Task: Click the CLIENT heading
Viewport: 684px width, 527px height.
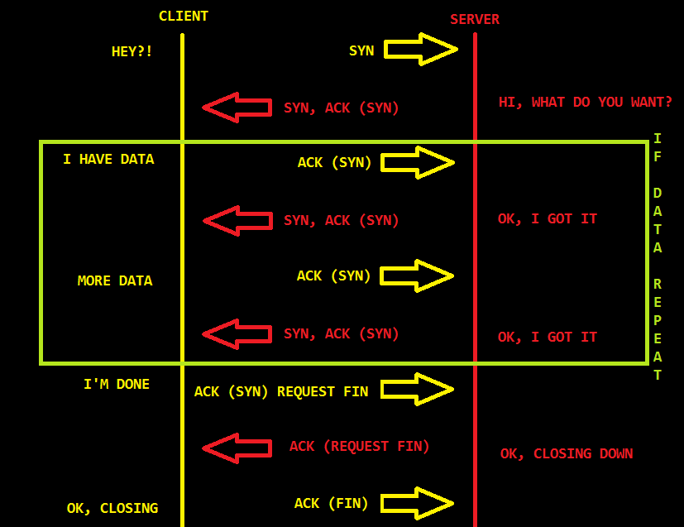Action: (x=183, y=16)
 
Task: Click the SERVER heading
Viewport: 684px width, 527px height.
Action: (x=474, y=19)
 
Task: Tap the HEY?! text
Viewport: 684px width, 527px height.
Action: (x=132, y=51)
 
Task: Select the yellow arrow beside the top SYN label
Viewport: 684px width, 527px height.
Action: (x=420, y=50)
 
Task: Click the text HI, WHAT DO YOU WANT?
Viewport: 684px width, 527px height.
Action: (x=585, y=102)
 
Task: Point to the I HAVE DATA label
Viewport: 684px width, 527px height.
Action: (x=108, y=159)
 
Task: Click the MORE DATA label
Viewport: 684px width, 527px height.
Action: (x=115, y=280)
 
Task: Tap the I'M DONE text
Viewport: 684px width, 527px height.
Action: (x=117, y=384)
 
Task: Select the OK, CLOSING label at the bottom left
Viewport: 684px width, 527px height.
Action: (x=112, y=508)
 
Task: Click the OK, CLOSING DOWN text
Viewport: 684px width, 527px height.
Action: (x=567, y=453)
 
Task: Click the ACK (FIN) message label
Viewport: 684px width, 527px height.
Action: (x=331, y=502)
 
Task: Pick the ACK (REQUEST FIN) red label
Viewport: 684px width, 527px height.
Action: (x=359, y=446)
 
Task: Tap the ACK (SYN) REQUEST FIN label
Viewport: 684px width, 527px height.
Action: (x=280, y=391)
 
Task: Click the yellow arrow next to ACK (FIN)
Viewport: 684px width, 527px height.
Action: (x=418, y=503)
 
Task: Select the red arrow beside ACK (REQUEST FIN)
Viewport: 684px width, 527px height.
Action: (x=237, y=448)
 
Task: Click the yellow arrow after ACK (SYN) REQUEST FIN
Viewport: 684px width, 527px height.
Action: (x=418, y=390)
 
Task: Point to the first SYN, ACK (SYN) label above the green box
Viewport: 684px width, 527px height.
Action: (x=341, y=108)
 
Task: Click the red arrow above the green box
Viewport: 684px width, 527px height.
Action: (x=237, y=108)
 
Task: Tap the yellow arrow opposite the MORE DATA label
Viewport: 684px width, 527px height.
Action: (x=418, y=275)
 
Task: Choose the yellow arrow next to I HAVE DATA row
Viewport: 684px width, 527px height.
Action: (x=418, y=162)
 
